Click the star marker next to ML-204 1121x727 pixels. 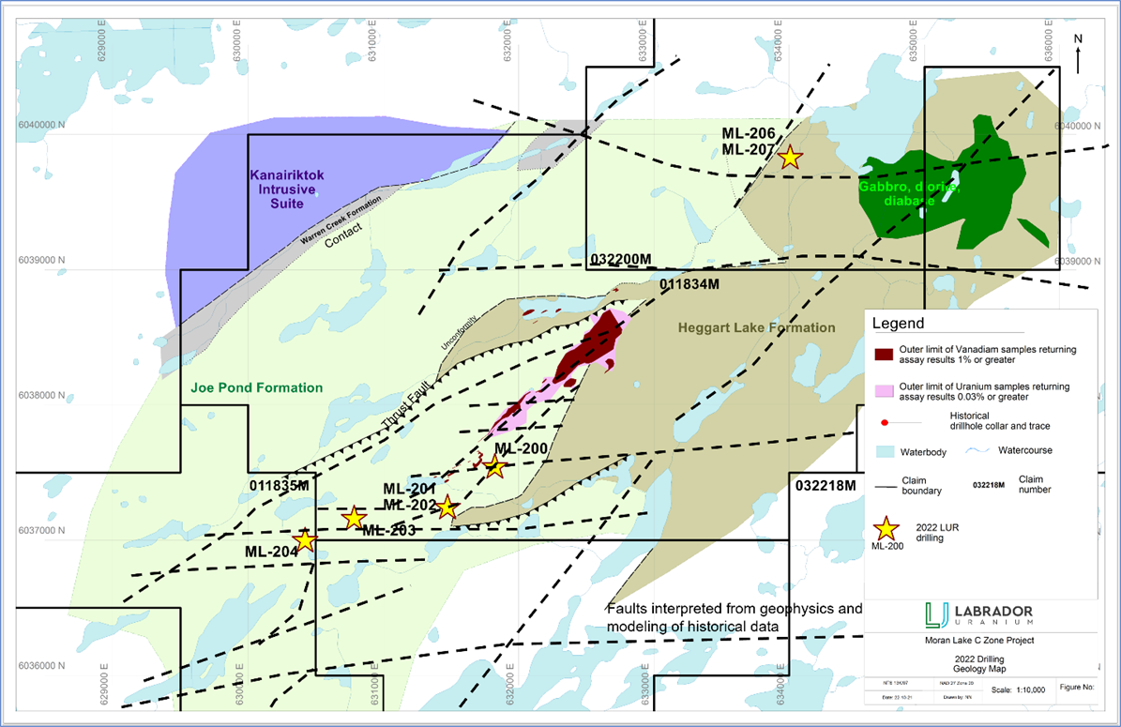tap(304, 540)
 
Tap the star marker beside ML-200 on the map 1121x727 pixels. tap(495, 466)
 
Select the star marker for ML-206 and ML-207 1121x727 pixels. tap(790, 157)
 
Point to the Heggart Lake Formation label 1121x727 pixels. tap(755, 327)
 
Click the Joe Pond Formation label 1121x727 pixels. tap(258, 387)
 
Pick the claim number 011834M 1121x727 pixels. tap(689, 283)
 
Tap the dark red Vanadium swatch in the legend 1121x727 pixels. tap(883, 355)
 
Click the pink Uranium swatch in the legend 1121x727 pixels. tap(883, 389)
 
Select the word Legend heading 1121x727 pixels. tap(898, 324)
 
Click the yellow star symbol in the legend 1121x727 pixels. tap(886, 530)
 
